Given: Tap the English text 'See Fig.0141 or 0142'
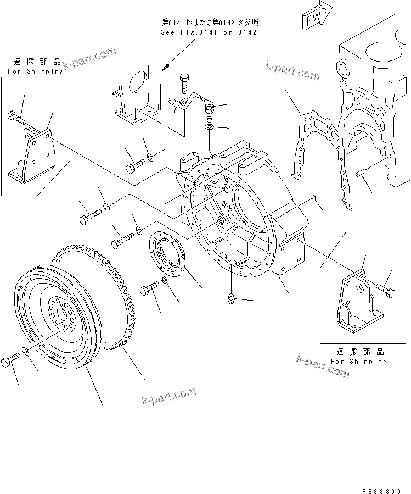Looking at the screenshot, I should tap(209, 32).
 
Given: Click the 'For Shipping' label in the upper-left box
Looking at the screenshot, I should tap(35, 71).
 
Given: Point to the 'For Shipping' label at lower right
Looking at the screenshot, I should tap(359, 361).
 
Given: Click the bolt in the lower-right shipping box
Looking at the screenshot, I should tap(386, 291).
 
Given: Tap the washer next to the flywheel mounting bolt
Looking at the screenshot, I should tap(26, 351).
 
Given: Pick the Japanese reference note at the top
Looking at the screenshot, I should tap(210, 22).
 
